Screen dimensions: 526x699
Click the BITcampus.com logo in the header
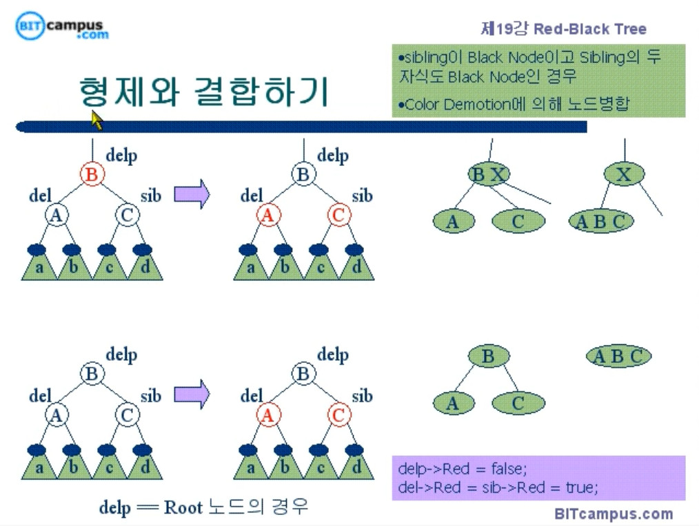click(62, 28)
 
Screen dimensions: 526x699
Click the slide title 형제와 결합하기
click(204, 92)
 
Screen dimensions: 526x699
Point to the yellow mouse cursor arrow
click(97, 120)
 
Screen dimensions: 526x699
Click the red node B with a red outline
click(91, 174)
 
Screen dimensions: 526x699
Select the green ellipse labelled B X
click(488, 175)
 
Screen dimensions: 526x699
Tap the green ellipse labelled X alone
click(624, 175)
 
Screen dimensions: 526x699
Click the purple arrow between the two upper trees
click(191, 194)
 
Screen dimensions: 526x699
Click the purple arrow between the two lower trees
click(191, 394)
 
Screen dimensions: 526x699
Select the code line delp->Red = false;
click(463, 470)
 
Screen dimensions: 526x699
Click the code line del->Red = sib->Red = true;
click(498, 487)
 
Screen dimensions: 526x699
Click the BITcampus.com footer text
click(614, 514)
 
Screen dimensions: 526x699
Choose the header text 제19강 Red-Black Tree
click(563, 29)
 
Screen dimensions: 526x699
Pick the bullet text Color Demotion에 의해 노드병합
click(514, 105)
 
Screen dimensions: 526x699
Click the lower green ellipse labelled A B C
click(618, 357)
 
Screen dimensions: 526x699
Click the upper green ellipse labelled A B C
click(601, 222)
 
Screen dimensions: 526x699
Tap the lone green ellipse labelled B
click(488, 357)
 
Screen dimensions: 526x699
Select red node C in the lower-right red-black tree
click(338, 415)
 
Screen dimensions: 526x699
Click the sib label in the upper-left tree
click(151, 196)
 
